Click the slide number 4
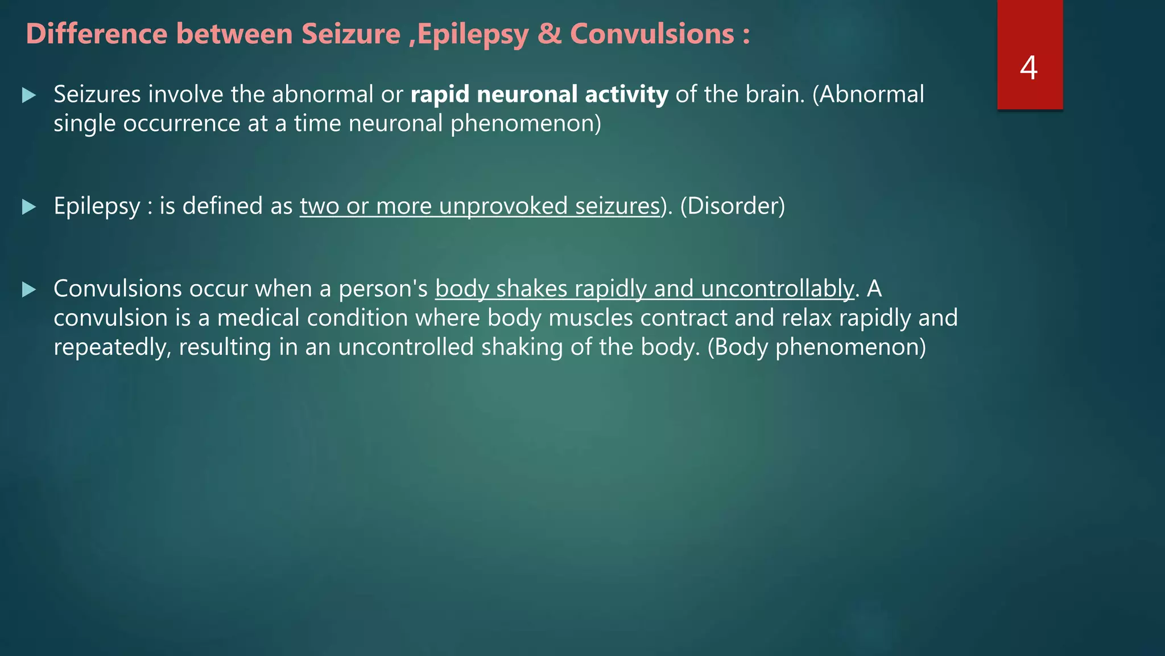tap(1028, 68)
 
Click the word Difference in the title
tap(97, 34)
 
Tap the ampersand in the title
tap(549, 34)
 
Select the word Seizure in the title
tap(351, 34)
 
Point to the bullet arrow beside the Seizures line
tap(29, 95)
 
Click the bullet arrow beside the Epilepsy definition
tap(29, 207)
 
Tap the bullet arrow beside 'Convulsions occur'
tap(29, 290)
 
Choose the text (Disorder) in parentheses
tap(732, 206)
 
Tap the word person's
tap(383, 289)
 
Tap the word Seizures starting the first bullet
tap(97, 95)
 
